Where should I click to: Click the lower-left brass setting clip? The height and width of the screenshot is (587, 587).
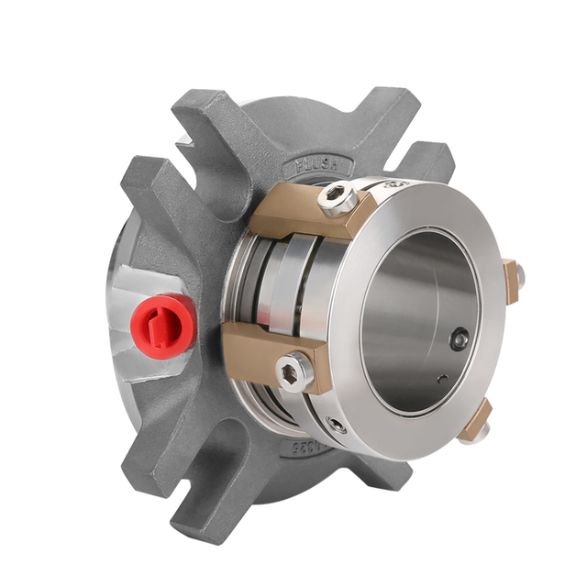(x=266, y=353)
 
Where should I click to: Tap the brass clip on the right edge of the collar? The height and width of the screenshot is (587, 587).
(x=511, y=279)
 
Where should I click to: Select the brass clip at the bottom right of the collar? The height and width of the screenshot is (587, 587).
(x=476, y=421)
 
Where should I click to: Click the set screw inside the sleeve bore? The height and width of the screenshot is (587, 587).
(x=458, y=340)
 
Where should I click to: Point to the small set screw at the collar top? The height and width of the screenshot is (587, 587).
(x=396, y=187)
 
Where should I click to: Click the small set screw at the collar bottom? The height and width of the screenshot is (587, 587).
(x=338, y=425)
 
